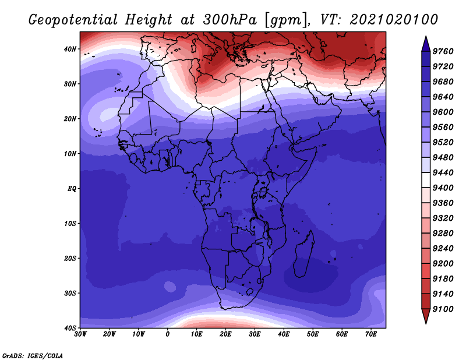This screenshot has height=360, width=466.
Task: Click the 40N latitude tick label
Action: [70, 49]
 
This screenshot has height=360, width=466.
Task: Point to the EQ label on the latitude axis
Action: [72, 189]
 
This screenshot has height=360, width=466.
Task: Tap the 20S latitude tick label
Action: [70, 258]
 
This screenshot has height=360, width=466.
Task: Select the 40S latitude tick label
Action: [70, 328]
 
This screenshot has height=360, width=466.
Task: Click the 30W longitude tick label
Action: [80, 334]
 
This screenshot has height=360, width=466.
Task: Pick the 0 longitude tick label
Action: [168, 334]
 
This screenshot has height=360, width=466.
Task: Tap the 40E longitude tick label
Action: [284, 334]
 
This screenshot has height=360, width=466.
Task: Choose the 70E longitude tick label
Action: [371, 334]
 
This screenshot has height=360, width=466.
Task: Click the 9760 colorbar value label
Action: [443, 51]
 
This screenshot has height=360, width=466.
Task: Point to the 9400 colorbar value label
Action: [443, 188]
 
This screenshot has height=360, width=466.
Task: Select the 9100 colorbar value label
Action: [443, 309]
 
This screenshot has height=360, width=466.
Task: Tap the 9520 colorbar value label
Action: [443, 142]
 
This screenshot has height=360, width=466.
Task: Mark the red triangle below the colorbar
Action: [426, 315]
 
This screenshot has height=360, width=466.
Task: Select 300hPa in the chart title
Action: [230, 20]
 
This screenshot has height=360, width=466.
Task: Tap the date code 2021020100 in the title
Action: [394, 20]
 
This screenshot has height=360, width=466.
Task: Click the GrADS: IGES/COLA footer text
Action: [33, 355]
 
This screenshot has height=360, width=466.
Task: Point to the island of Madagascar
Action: [303, 253]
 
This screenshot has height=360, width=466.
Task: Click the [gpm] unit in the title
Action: [287, 20]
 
